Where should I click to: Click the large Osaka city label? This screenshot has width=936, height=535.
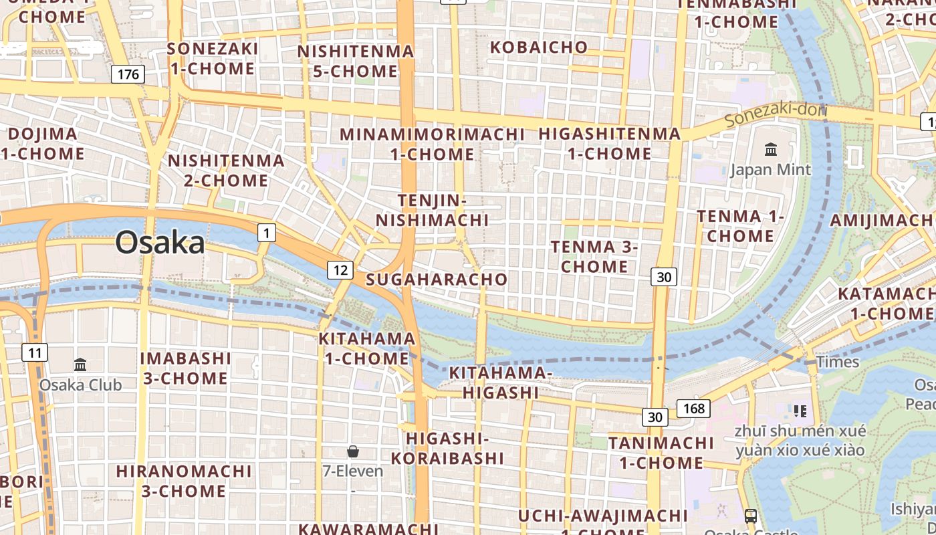pos(160,242)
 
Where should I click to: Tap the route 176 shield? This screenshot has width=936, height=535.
pos(128,74)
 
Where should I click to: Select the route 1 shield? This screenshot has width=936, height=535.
pos(267,233)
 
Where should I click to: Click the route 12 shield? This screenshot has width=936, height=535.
pos(340,270)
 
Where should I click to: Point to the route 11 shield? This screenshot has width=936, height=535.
pos(35,352)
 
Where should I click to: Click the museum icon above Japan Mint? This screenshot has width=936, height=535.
pos(771,149)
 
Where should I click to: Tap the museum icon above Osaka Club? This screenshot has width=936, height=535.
pos(80,364)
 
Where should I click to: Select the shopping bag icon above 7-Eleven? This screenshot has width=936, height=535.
pos(353,451)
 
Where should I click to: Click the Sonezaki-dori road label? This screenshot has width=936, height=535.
pos(776,115)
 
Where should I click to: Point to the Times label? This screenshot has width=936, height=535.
pos(838,362)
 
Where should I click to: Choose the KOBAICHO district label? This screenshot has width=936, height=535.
pos(539,47)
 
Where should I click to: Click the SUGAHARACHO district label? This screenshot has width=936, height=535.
pos(437,279)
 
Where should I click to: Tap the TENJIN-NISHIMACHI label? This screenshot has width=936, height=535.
pos(432,210)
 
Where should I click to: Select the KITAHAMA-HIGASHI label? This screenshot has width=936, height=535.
pos(500,382)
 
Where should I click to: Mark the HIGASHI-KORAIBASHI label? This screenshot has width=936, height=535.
pos(447,448)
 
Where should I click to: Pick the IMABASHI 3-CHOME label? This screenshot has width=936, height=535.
pos(185,368)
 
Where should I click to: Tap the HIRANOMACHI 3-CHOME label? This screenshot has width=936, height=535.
pos(184,480)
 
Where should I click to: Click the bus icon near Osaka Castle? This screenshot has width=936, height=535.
pos(751,516)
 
